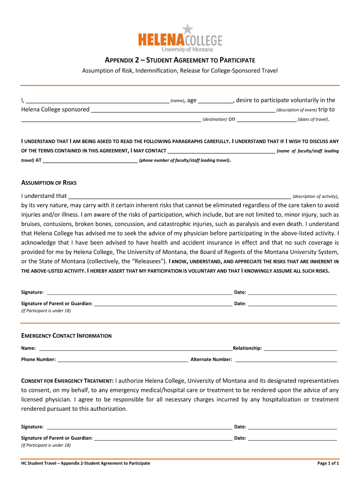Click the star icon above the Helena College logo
187,29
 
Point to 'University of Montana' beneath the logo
187,49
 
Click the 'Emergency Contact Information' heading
66,336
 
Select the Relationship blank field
300,348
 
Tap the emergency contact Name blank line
135,348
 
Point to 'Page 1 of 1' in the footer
328,463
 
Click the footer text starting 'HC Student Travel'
86,463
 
